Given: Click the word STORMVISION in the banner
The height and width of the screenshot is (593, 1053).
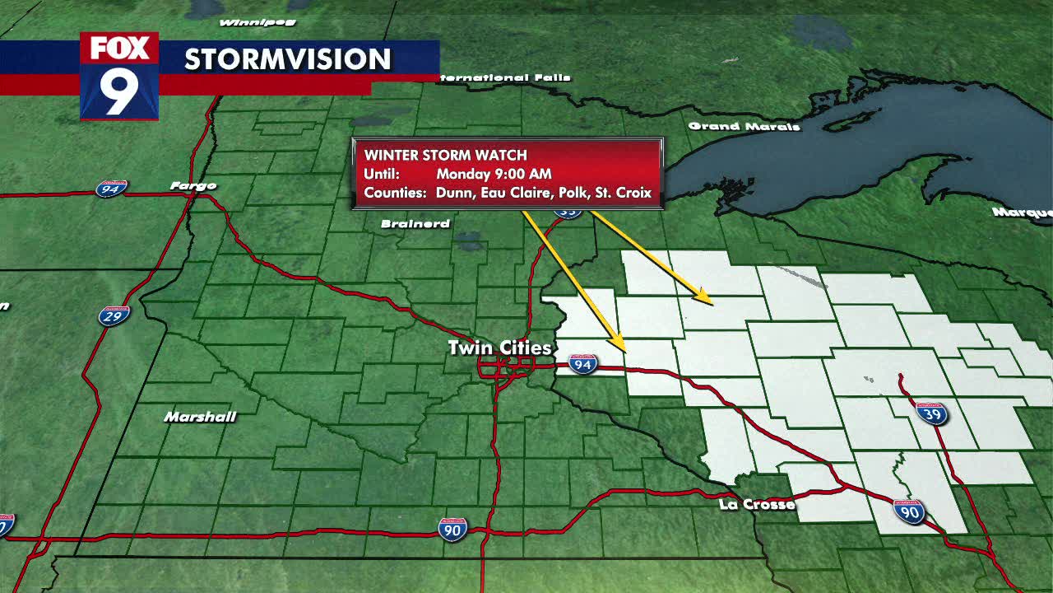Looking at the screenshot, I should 287,59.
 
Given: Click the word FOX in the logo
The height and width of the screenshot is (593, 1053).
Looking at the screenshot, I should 119,49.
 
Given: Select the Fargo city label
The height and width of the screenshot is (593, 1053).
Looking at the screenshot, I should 193,186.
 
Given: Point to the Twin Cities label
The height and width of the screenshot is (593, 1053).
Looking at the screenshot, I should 499,348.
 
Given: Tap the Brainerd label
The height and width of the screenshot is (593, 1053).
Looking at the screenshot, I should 415,224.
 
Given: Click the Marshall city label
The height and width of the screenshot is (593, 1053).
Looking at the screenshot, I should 200,417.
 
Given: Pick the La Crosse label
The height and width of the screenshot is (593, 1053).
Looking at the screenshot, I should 757,504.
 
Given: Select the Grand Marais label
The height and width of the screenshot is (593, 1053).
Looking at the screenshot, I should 744,126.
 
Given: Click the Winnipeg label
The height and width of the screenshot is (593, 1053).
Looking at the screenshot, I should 246,22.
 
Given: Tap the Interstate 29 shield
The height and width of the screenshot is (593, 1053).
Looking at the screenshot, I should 114,315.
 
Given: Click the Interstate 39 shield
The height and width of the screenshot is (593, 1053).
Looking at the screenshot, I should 931,413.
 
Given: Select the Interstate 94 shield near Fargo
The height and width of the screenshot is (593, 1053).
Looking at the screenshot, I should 111,189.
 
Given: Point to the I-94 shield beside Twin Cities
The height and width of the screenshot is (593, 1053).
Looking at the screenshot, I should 582,364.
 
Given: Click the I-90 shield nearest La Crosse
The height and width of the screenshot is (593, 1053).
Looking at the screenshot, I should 909,511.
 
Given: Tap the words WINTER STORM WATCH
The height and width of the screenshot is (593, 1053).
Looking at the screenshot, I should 446,155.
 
